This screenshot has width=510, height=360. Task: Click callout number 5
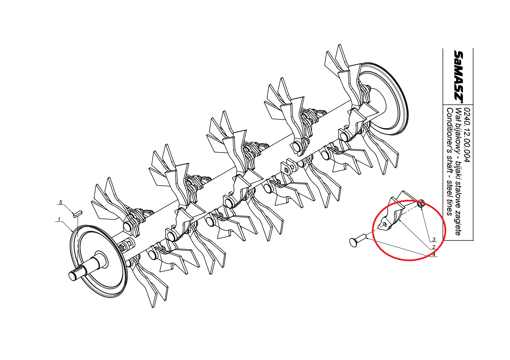[61, 202]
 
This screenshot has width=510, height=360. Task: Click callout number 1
[59, 220]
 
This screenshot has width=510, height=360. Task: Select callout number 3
[434, 239]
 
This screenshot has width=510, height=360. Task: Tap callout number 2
[434, 247]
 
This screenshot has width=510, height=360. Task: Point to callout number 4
[434, 255]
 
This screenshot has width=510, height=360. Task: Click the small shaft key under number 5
[78, 214]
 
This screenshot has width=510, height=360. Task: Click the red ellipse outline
[372, 230]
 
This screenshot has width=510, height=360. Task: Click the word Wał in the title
[458, 113]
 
